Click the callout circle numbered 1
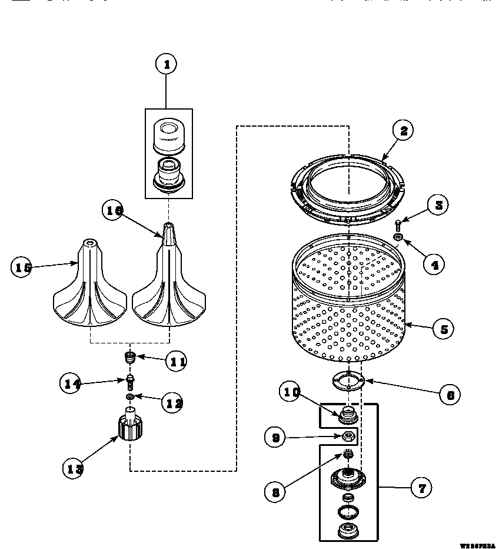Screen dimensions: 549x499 [x=167, y=64]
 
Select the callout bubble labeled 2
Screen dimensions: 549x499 [x=404, y=131]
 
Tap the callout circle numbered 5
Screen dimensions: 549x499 [x=444, y=329]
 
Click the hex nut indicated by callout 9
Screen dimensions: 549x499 [x=348, y=436]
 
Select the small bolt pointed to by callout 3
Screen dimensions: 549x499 [x=399, y=224]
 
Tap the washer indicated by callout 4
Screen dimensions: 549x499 [x=398, y=237]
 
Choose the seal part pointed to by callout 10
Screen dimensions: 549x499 [x=348, y=414]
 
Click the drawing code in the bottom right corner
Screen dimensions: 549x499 [x=478, y=545]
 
